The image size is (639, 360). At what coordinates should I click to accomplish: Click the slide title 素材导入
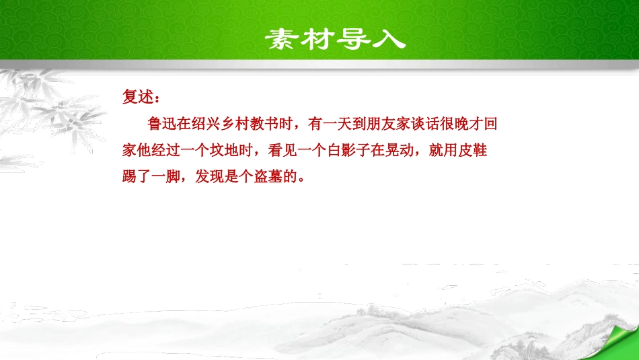tap(334, 38)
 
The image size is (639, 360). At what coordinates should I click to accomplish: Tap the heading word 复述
tap(137, 98)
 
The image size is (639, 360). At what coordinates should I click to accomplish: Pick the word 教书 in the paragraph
tap(266, 124)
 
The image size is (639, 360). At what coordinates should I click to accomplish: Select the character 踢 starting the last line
tap(129, 178)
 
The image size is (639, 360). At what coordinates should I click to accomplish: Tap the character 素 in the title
tap(280, 39)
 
